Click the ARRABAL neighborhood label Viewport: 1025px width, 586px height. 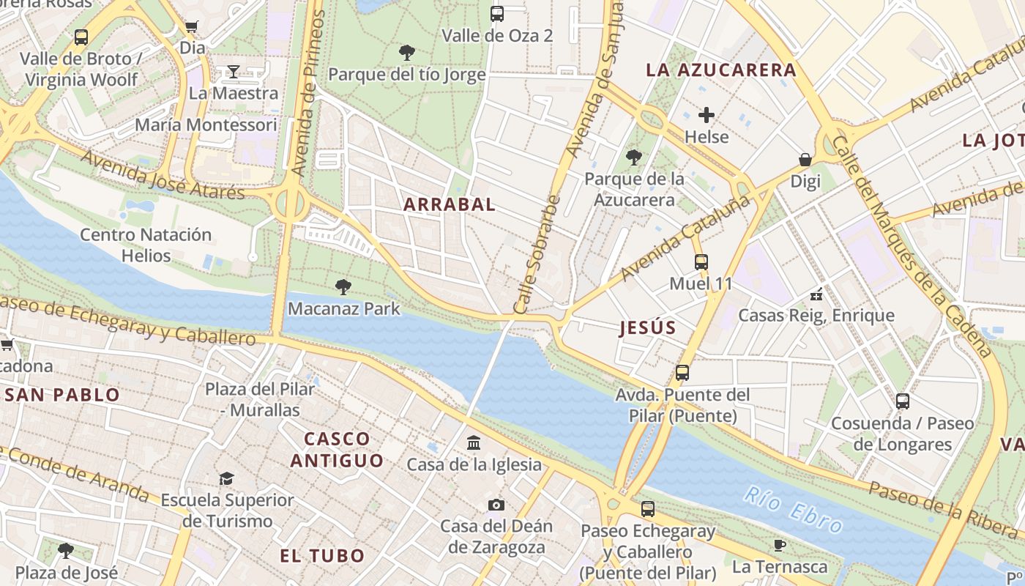[x=450, y=205]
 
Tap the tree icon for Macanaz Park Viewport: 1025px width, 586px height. [x=343, y=286]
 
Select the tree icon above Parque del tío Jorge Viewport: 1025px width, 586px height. [x=407, y=53]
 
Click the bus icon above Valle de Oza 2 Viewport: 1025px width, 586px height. [x=497, y=13]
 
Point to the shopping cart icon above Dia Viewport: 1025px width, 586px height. [x=192, y=27]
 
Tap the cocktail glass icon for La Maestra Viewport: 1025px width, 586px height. [x=233, y=72]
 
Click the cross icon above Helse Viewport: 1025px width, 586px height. [x=707, y=115]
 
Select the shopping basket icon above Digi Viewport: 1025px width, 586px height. [x=805, y=159]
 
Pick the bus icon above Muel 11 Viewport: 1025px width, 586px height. [x=701, y=262]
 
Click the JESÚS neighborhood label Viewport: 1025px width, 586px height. [x=647, y=328]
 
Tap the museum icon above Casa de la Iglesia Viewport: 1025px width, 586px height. [x=474, y=442]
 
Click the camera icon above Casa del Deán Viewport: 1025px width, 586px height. [x=496, y=505]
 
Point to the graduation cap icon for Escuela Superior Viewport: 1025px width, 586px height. [x=226, y=478]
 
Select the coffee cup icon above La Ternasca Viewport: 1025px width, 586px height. [x=780, y=545]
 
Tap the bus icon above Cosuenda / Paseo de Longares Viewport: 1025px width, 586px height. [x=903, y=401]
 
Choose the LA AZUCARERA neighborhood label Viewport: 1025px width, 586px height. [x=721, y=70]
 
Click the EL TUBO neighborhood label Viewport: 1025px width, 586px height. [x=322, y=556]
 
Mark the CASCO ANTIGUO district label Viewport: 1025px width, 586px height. [x=337, y=449]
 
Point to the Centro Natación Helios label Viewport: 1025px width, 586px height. [x=146, y=245]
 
